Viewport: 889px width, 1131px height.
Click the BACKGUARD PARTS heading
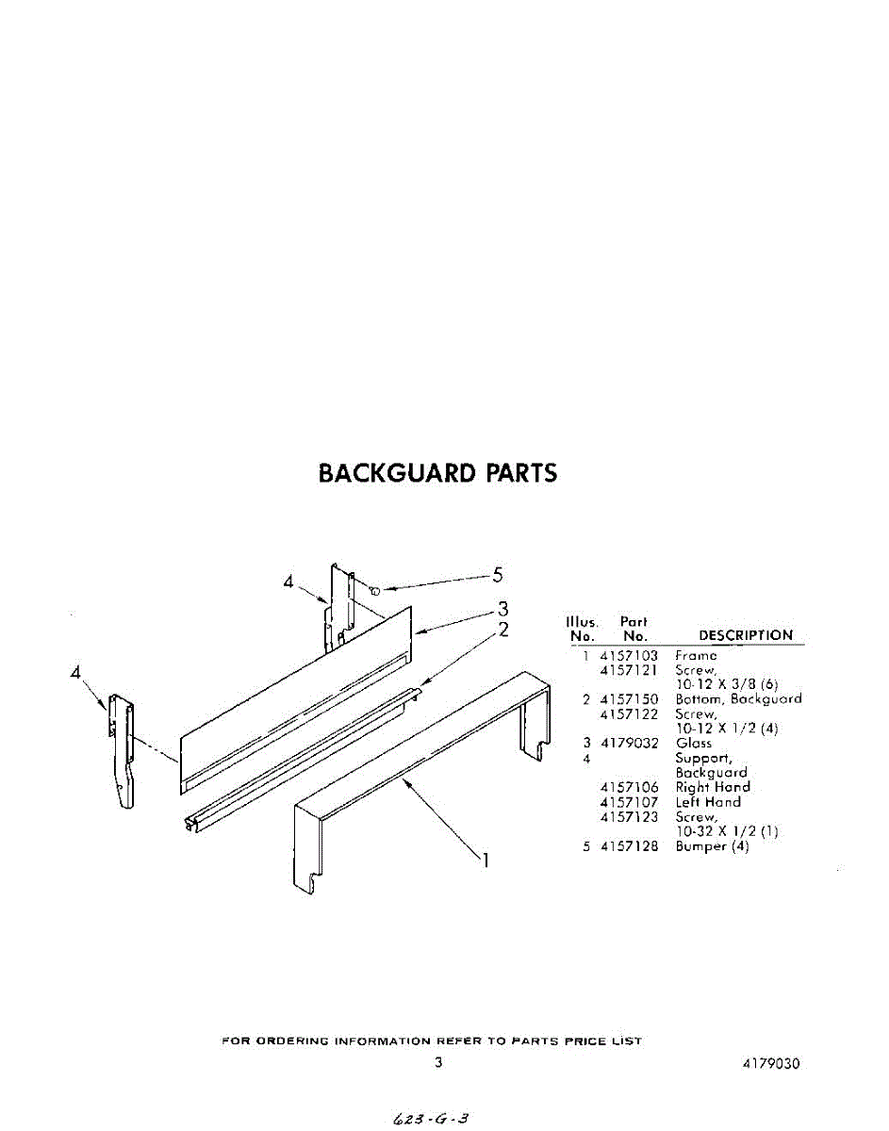coord(437,472)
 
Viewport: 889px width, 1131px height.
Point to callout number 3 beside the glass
coord(503,608)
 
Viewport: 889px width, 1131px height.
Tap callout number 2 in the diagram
coord(503,630)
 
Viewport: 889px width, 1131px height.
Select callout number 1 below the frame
coord(486,860)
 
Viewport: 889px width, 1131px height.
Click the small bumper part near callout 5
coord(374,591)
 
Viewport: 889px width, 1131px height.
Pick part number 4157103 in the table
coord(629,655)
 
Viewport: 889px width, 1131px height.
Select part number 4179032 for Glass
coord(629,744)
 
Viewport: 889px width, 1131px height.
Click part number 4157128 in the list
coord(629,846)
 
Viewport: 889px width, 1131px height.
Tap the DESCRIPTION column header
coord(746,635)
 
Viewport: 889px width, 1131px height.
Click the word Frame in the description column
coord(696,655)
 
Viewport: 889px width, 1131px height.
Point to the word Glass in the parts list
coord(694,744)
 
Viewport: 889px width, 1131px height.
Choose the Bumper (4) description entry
coord(712,846)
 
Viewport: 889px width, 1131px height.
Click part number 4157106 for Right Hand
coord(629,787)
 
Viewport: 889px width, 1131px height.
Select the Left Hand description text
coord(708,802)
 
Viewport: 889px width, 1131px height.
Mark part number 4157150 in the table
coord(629,699)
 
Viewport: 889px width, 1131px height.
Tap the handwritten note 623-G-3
coord(429,1119)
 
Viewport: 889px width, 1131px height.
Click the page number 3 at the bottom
coord(438,1063)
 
